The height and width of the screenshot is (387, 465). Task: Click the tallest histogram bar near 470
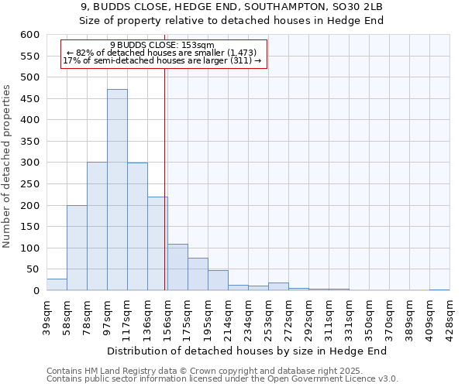[117, 190]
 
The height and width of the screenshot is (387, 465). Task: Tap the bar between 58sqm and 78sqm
[77, 248]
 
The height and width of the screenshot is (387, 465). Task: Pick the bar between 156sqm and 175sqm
[177, 267]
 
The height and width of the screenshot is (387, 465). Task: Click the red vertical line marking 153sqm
[165, 178]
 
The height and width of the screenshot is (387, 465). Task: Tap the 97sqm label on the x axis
[107, 316]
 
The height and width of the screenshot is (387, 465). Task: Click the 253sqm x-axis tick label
[268, 316]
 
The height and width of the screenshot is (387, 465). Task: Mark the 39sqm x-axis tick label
[46, 316]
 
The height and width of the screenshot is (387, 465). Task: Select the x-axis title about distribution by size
[246, 351]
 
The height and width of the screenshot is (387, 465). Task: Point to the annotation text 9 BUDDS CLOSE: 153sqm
[162, 46]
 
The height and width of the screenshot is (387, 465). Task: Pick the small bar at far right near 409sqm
[439, 289]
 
